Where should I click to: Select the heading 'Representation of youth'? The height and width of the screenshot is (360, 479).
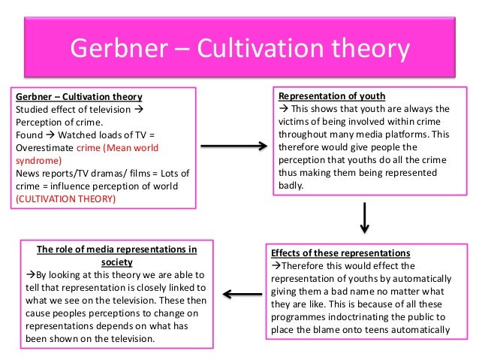pos(331,96)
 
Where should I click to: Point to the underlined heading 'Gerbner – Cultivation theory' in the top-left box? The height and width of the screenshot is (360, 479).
pos(79,97)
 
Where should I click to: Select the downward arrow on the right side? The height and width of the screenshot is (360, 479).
pos(363,218)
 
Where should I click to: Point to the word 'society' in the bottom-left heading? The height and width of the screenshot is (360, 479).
pos(116,262)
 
